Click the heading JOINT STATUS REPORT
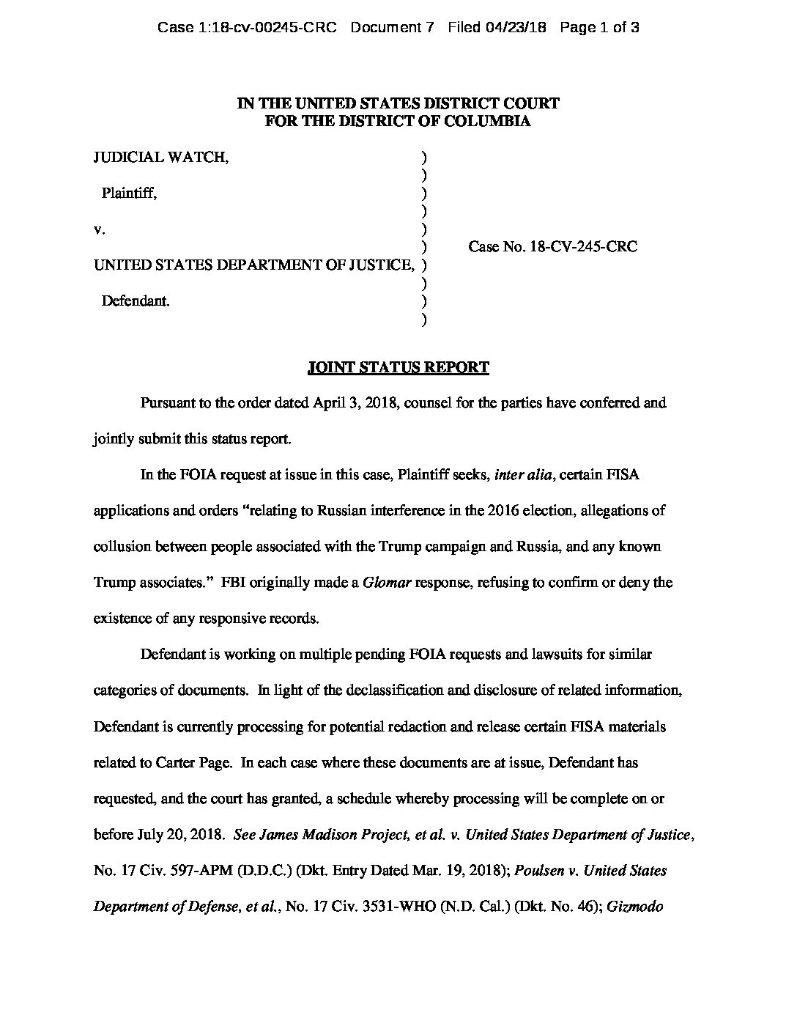click(x=398, y=368)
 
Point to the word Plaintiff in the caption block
click(x=128, y=193)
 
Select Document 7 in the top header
click(x=393, y=29)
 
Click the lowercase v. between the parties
click(x=100, y=229)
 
